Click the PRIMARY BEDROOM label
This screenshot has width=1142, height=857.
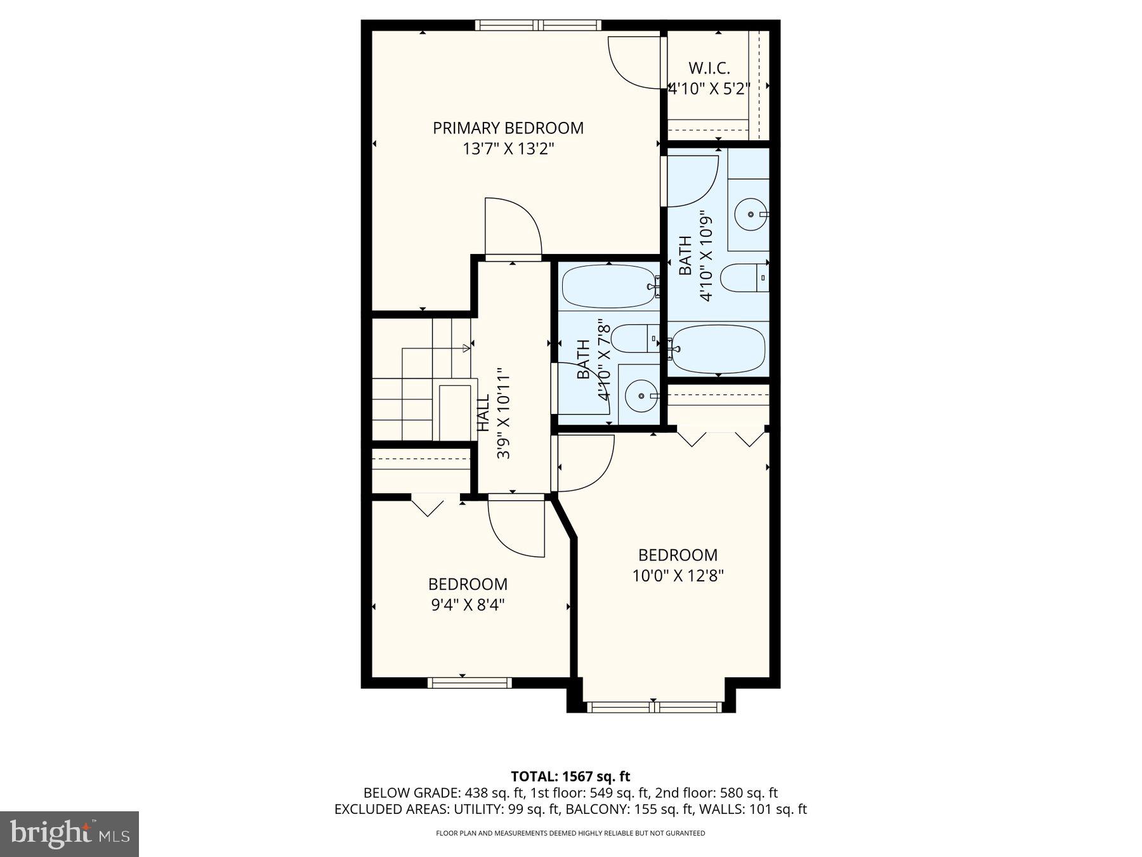[508, 128]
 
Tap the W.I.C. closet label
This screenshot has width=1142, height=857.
[709, 68]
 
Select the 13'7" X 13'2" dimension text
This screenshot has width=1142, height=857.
[508, 149]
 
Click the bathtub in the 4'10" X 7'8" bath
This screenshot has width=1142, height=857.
[608, 286]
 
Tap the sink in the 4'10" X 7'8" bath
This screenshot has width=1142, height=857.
[640, 396]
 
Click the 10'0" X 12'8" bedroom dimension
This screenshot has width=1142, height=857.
[678, 576]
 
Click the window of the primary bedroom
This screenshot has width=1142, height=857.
[538, 25]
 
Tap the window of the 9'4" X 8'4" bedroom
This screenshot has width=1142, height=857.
[469, 683]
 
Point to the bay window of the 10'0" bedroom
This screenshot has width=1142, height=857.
[653, 707]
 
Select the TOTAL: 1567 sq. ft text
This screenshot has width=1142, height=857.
[570, 776]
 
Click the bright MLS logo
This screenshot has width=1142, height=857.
[69, 834]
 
